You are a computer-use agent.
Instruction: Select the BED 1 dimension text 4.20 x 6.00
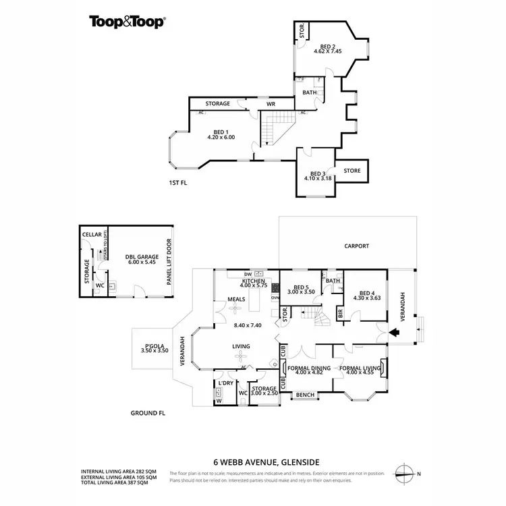(x=220, y=138)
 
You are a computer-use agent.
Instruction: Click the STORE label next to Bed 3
(x=352, y=171)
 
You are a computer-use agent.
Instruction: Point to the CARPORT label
(x=356, y=246)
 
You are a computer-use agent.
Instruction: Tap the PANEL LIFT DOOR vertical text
(x=169, y=268)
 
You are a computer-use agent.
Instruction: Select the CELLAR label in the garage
(x=92, y=234)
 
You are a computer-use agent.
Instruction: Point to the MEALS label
(x=235, y=299)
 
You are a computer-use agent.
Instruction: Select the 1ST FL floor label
(x=177, y=183)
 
